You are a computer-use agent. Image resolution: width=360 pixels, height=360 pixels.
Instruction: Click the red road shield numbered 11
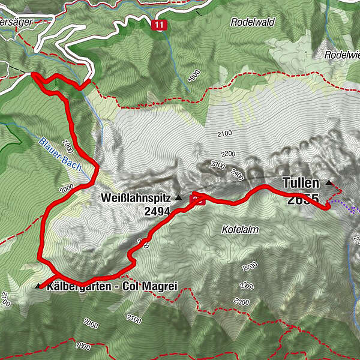(158, 25)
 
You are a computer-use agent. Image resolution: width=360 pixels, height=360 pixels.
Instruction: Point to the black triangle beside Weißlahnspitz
(178, 197)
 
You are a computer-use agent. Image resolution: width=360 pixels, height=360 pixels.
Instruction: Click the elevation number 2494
(157, 211)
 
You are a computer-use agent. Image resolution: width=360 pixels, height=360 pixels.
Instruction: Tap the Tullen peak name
(302, 182)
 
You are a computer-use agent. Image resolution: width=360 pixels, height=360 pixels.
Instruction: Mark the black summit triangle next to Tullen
(329, 182)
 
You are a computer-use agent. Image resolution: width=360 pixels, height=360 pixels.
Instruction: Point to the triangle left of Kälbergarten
(39, 286)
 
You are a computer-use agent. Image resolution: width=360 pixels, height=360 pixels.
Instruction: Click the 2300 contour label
(218, 164)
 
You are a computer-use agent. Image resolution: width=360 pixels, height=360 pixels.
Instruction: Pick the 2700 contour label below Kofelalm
(250, 265)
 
